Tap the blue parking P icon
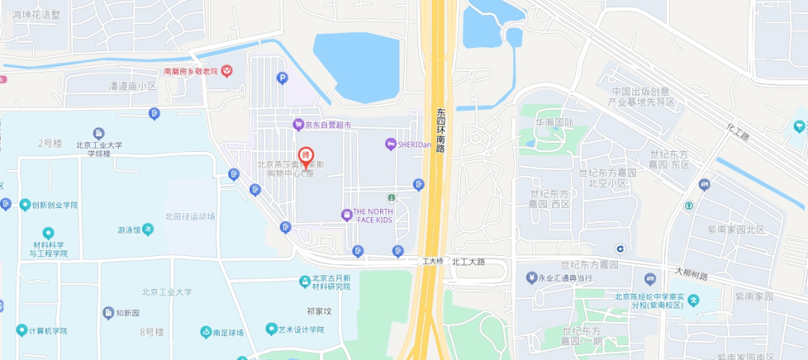click(x=282, y=77)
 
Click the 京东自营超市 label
click(x=327, y=124)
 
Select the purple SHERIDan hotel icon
click(x=390, y=144)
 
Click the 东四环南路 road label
click(x=441, y=131)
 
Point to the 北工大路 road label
click(x=469, y=262)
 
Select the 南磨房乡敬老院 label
click(x=190, y=71)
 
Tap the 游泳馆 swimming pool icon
click(x=148, y=230)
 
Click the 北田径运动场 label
click(x=191, y=216)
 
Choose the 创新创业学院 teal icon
click(x=25, y=205)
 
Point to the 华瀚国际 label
click(x=554, y=122)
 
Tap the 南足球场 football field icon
click(x=206, y=332)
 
